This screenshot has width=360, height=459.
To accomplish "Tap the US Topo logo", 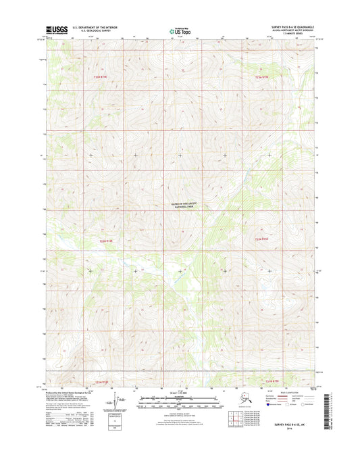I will [x=179, y=30].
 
